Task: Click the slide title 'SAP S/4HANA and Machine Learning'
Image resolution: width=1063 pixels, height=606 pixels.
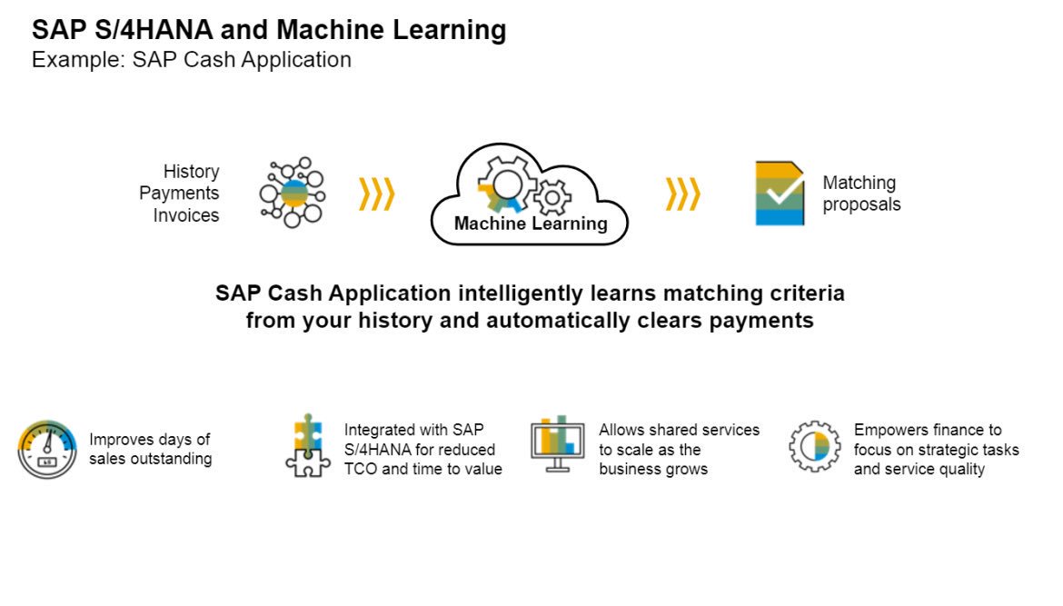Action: click(x=269, y=30)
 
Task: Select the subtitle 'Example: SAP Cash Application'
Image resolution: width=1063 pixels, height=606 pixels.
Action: click(x=191, y=60)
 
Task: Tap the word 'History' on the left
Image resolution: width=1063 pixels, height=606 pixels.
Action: click(x=191, y=172)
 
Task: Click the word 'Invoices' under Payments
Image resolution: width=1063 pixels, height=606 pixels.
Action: click(x=185, y=215)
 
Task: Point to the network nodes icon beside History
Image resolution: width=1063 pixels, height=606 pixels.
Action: click(x=292, y=193)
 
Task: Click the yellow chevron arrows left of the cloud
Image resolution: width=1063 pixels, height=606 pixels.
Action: click(x=376, y=194)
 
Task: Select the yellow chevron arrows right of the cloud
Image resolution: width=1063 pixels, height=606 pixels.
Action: click(x=682, y=194)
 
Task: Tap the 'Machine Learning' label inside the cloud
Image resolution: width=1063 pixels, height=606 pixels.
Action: click(x=531, y=224)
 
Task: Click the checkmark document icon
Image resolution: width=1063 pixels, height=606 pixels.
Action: click(x=780, y=194)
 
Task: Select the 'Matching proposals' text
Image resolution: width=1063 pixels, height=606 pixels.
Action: click(x=861, y=194)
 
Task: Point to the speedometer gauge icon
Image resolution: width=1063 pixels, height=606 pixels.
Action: click(x=47, y=449)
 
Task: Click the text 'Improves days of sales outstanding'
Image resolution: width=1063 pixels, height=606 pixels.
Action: click(x=150, y=449)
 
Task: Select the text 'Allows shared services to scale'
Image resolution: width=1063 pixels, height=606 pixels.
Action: click(x=679, y=440)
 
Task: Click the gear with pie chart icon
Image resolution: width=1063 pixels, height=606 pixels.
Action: click(x=814, y=445)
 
